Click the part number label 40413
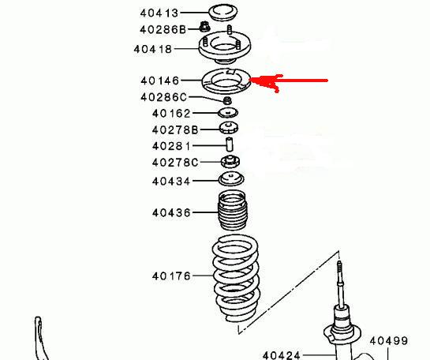tap(159, 13)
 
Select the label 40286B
tap(163, 29)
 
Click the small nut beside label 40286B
tap(204, 27)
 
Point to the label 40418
tap(153, 50)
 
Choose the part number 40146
tap(159, 81)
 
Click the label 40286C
tap(163, 97)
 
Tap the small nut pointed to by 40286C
tap(227, 100)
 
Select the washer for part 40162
tap(228, 112)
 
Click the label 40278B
tap(175, 129)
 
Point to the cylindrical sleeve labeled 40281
tap(230, 144)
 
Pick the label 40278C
tap(175, 163)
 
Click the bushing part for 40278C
tap(230, 162)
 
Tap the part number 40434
tap(171, 182)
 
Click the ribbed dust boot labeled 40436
tap(233, 210)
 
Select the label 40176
tap(171, 276)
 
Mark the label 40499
tap(389, 341)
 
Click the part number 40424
tap(281, 356)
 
